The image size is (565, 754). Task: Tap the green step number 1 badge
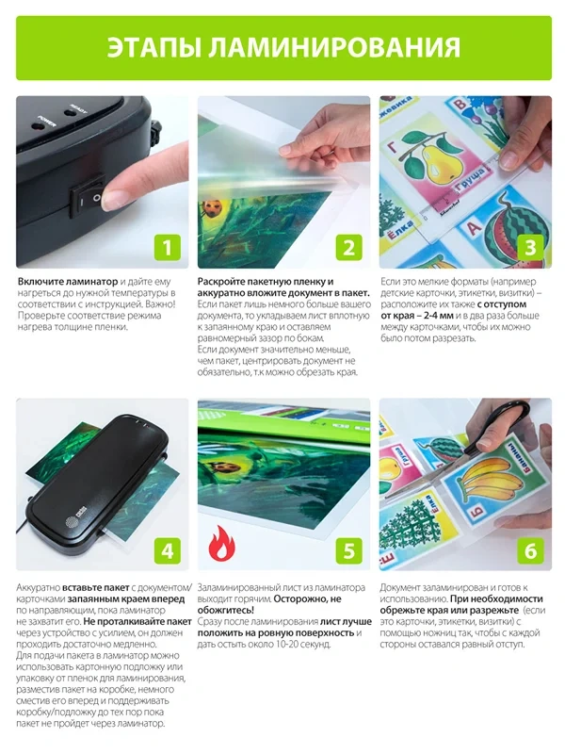(168, 248)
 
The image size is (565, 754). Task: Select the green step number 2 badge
(348, 248)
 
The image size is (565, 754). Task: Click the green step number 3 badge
(530, 248)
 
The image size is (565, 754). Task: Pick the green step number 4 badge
(168, 550)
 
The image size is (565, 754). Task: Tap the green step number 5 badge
(348, 550)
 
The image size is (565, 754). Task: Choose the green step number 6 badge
(530, 550)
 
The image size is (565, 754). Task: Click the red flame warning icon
(221, 544)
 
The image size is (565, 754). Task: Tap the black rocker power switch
(88, 196)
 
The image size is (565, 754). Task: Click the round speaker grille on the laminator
(73, 521)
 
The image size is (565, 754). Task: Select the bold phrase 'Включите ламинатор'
(68, 281)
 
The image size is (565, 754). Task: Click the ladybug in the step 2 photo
(211, 207)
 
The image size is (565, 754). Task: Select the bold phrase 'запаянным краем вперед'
(126, 598)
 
